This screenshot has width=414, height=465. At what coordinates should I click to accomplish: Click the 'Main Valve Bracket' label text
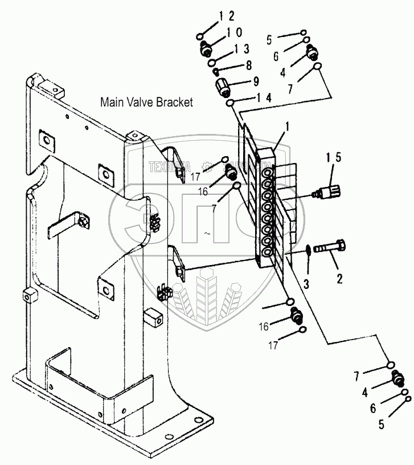[x=147, y=103]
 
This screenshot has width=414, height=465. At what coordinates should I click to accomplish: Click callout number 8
[x=248, y=66]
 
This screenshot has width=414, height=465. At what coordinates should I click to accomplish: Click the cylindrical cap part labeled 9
[x=223, y=88]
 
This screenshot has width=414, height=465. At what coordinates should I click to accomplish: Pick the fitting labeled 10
[x=208, y=50]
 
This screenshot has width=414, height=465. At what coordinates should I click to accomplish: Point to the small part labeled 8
[x=217, y=72]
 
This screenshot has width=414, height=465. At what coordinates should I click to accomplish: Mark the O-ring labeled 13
[x=212, y=62]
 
